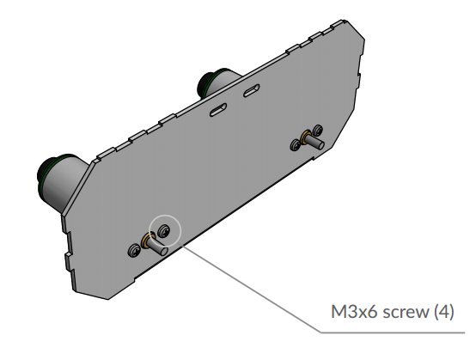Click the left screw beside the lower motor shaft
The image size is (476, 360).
coord(133,250)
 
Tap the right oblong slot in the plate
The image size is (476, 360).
coord(253,90)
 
